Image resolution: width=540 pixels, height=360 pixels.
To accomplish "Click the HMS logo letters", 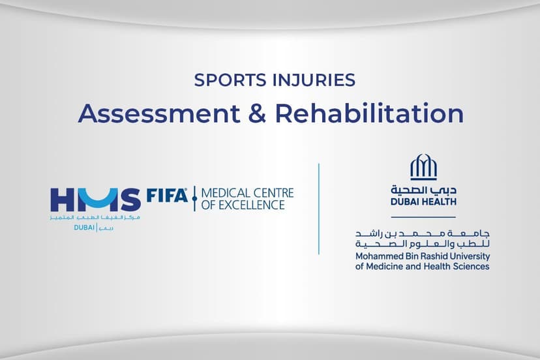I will click(95, 198).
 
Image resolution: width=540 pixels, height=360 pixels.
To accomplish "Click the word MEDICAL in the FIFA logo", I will click(224, 193).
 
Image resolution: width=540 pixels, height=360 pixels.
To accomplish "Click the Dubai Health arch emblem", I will click(423, 168).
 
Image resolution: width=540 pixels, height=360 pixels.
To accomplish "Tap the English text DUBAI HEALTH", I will click(423, 202).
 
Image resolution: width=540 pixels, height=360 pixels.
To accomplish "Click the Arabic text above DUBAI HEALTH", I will click(423, 190).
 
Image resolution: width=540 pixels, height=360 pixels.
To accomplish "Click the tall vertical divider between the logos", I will click(319, 209).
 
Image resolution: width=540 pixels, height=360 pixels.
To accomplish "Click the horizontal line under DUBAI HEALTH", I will click(423, 216).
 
